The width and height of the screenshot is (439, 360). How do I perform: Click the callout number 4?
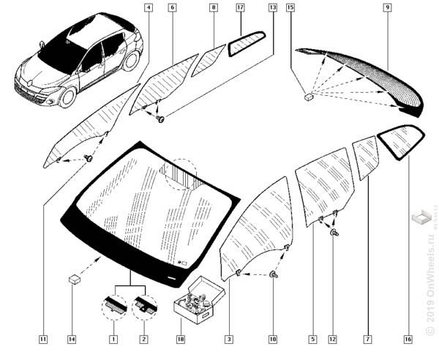pyautogui.click(x=149, y=8)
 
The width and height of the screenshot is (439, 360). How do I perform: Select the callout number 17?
pyautogui.click(x=240, y=8)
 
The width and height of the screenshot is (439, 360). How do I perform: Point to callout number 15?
pyautogui.click(x=290, y=8)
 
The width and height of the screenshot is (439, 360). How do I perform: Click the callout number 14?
pyautogui.click(x=72, y=340)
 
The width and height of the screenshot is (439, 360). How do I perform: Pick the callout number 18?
pyautogui.click(x=179, y=340)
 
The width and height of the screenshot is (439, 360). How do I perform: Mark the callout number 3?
pyautogui.click(x=229, y=340)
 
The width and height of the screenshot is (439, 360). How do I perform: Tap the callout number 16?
pyautogui.click(x=408, y=340)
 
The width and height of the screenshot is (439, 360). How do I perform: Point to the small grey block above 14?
pyautogui.click(x=74, y=278)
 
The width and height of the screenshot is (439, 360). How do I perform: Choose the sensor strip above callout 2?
pyautogui.click(x=143, y=301)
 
